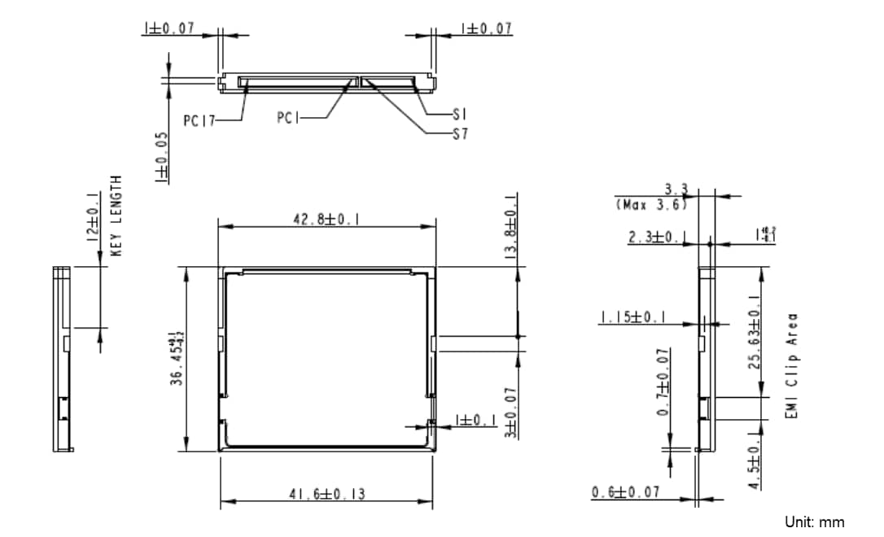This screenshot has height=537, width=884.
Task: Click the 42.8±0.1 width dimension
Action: [327, 219]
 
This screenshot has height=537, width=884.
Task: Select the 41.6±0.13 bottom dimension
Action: [327, 494]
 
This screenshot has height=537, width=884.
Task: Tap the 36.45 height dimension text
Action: [175, 358]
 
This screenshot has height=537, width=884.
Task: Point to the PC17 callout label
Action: [199, 120]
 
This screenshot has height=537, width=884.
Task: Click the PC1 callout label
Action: [288, 118]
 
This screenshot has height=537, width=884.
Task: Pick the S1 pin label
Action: [459, 115]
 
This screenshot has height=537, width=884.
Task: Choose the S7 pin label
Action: [460, 134]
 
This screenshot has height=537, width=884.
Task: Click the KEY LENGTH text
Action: [116, 216]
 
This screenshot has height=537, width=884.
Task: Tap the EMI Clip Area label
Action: [791, 366]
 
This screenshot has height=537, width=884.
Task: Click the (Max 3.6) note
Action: [651, 204]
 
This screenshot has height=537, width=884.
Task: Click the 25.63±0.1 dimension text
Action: [755, 331]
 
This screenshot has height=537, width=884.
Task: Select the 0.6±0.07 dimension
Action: [625, 492]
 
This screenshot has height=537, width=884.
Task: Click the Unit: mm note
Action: [814, 522]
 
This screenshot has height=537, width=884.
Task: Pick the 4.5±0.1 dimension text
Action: [755, 465]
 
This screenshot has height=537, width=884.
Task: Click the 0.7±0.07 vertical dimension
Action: [663, 382]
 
